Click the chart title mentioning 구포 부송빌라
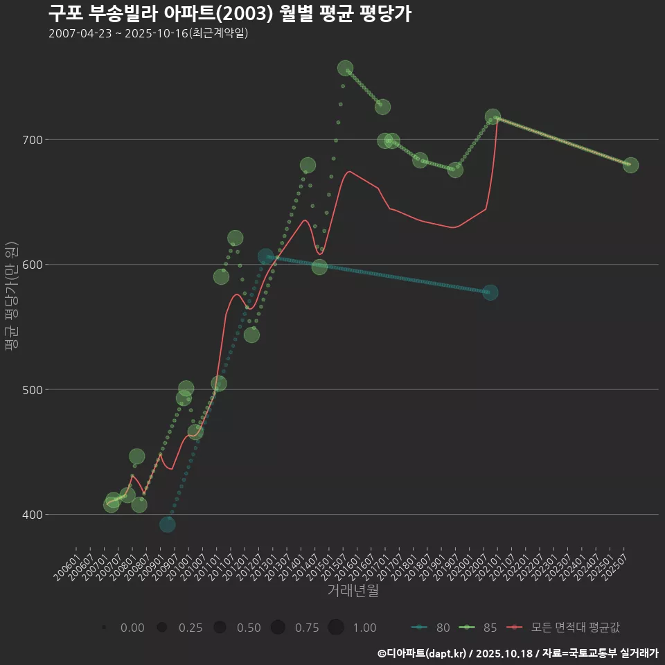tap(230, 13)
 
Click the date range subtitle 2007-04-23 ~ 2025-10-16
tap(148, 33)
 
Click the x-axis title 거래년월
tap(353, 591)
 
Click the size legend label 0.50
tap(249, 628)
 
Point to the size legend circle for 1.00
tap(336, 628)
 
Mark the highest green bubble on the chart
tap(345, 68)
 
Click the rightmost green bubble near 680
tap(630, 165)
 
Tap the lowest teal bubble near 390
tap(167, 524)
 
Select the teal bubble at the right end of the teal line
tap(490, 292)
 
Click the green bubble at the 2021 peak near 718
tap(493, 117)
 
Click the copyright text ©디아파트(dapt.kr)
tap(423, 653)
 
